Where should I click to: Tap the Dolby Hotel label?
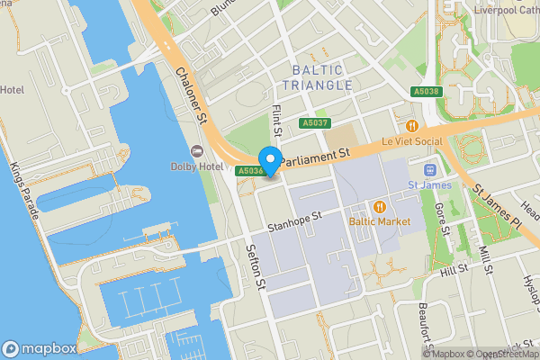(196, 166)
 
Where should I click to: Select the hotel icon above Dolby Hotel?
(196, 150)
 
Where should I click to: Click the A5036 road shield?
(249, 171)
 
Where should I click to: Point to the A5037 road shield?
(315, 123)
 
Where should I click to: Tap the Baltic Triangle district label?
(317, 76)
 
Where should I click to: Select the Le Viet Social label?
(413, 141)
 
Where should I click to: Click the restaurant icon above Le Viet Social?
(413, 126)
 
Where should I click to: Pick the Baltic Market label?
(381, 221)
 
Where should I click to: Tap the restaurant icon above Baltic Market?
(381, 205)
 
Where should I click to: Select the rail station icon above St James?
(429, 170)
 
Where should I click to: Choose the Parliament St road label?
(314, 157)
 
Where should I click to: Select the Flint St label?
(277, 120)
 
